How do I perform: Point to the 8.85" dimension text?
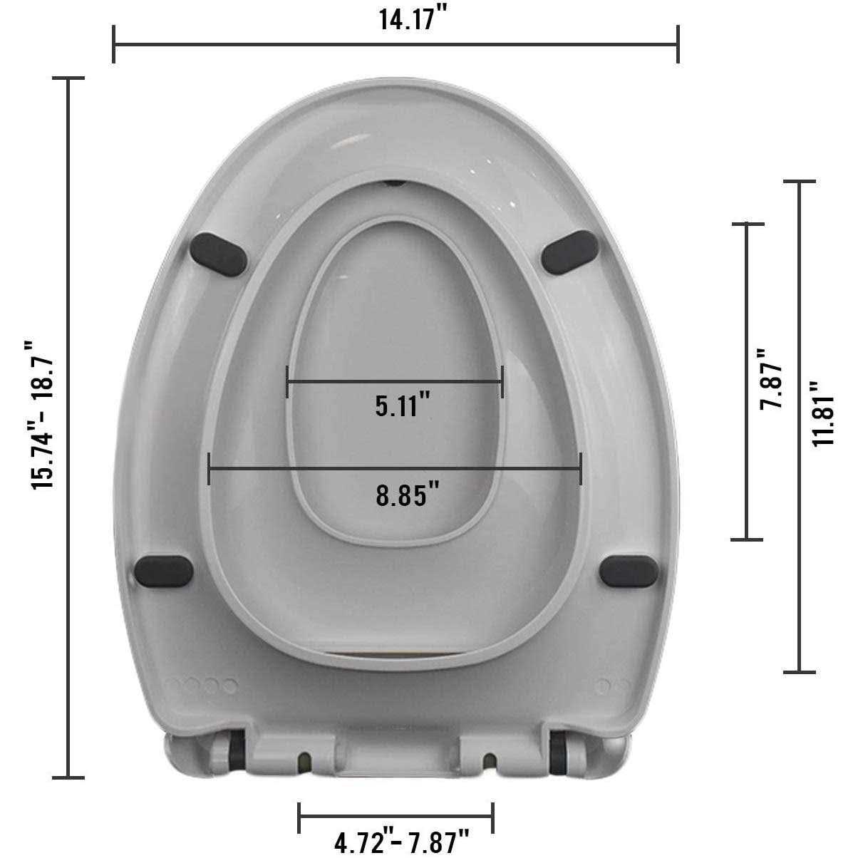point(406,494)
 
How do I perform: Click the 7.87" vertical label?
point(772,378)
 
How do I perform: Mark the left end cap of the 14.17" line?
point(114,44)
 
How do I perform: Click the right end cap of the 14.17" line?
point(678,44)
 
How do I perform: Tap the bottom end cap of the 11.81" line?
point(799,671)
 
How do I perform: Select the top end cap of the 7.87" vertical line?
point(746,224)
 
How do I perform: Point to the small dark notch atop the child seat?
point(393,182)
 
